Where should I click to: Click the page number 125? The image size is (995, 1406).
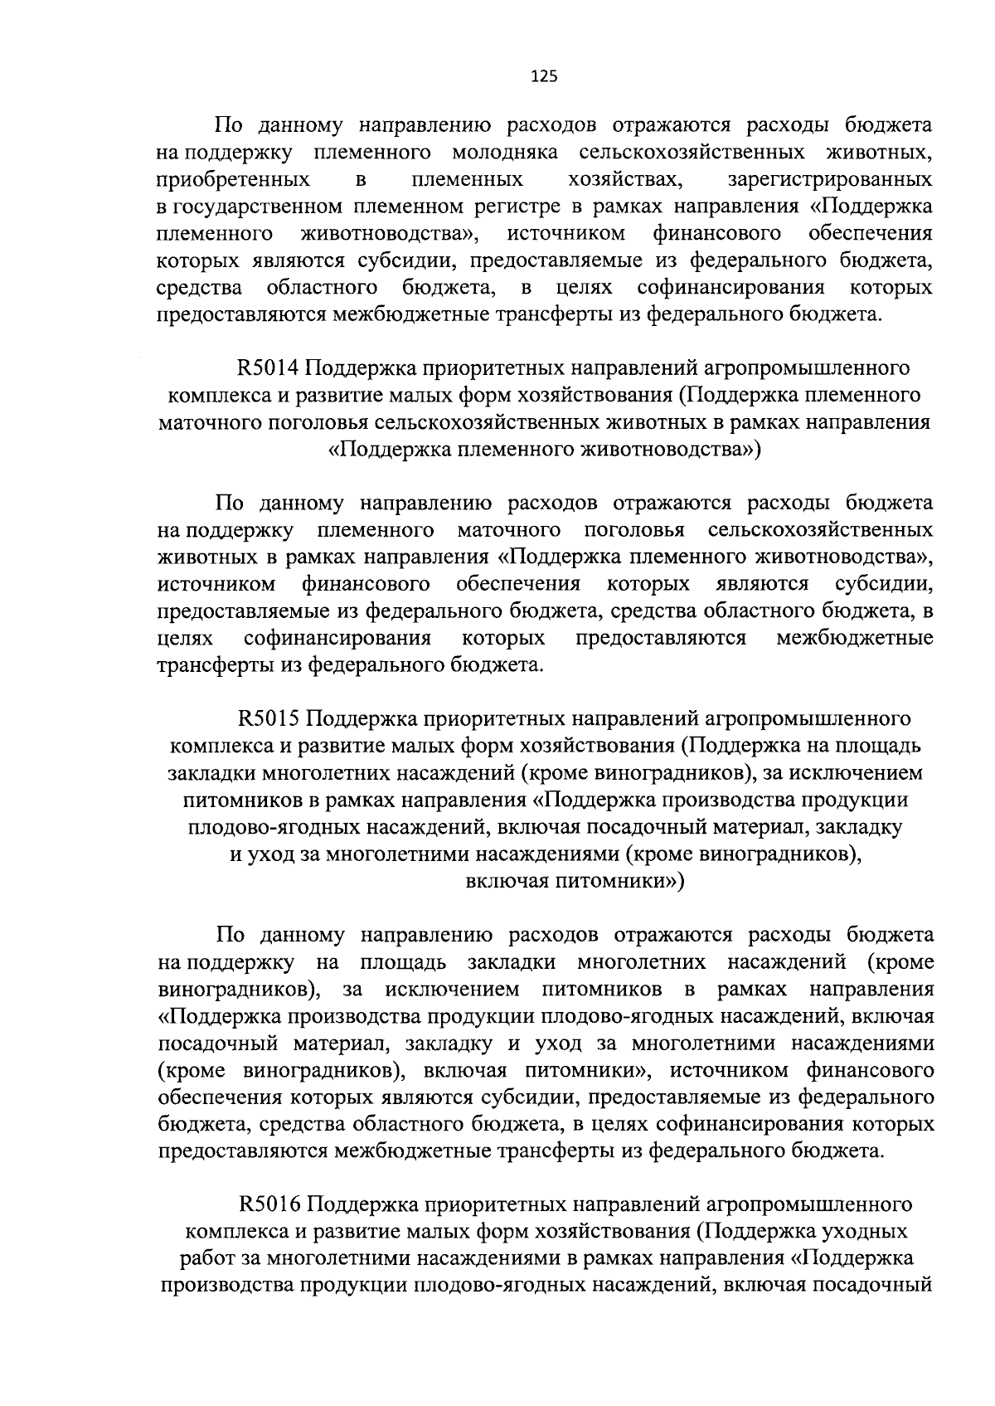543,77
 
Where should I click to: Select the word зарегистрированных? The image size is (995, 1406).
829,180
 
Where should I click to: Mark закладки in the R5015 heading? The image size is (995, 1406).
211,772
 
